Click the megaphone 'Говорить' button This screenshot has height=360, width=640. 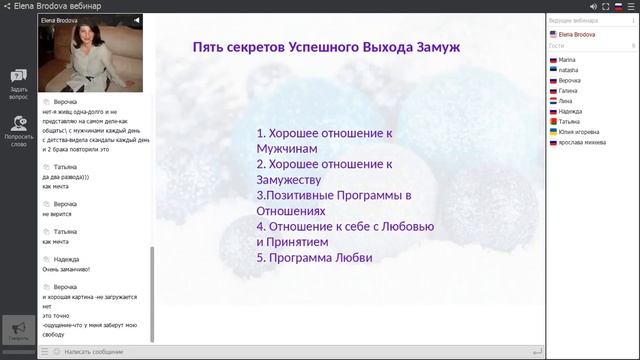18,331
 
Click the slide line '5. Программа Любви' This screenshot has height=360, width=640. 314,257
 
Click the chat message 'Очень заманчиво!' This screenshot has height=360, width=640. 66,268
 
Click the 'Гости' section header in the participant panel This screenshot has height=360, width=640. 557,46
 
